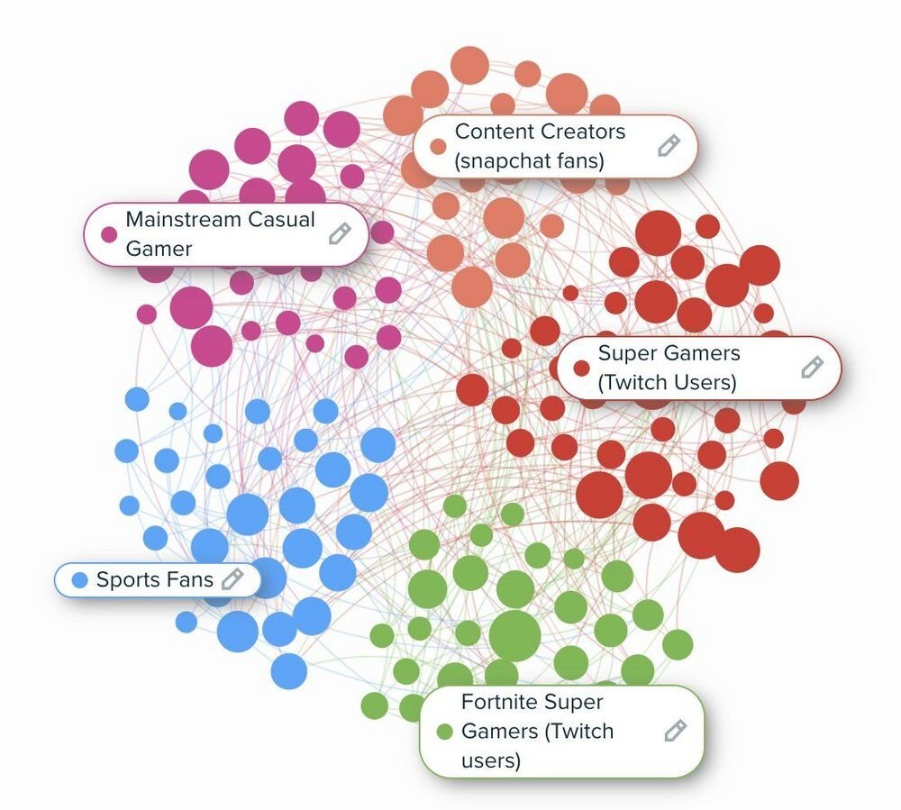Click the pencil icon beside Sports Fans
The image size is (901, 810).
(x=232, y=578)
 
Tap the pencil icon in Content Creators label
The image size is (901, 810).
(x=669, y=145)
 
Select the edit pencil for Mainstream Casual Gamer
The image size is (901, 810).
(x=340, y=233)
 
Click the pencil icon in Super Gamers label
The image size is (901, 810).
(x=813, y=367)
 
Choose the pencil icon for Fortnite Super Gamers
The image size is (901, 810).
(x=675, y=731)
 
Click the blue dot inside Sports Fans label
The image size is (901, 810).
(x=80, y=579)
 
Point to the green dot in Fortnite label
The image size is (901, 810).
(x=445, y=732)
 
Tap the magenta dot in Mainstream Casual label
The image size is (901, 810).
(x=109, y=234)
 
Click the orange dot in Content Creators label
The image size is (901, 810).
(x=438, y=147)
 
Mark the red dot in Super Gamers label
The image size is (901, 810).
(x=581, y=369)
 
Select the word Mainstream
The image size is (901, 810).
(x=184, y=219)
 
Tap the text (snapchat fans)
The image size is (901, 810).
(x=529, y=161)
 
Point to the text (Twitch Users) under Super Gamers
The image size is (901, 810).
(x=667, y=382)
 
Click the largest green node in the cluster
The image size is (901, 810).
(x=514, y=636)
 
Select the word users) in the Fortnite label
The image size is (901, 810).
(x=491, y=760)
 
